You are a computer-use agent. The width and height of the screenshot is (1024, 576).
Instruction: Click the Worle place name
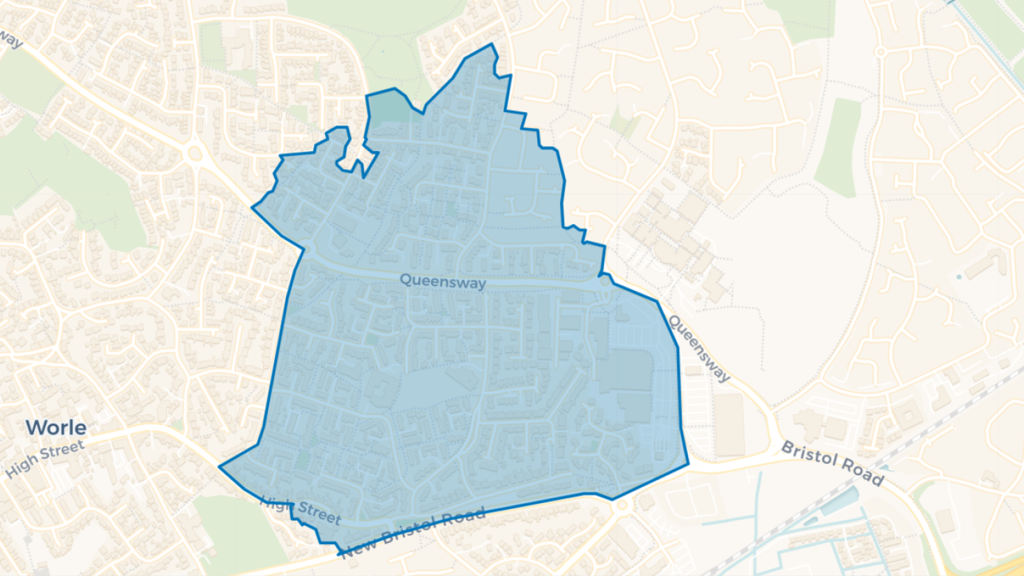[56, 427]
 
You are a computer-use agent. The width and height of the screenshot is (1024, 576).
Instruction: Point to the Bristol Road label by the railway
[833, 463]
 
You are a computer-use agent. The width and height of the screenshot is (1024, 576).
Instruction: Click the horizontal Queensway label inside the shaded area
[442, 282]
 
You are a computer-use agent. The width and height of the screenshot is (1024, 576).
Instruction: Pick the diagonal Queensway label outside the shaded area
[699, 348]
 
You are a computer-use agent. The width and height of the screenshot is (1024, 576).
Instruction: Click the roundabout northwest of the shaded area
[195, 154]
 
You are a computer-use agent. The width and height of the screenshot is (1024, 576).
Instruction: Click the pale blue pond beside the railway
[840, 501]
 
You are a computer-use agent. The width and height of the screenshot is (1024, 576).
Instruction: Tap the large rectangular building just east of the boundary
[730, 425]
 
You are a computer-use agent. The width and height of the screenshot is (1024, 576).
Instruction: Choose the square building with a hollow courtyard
[907, 415]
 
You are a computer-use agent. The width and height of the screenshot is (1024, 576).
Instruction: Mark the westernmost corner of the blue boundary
[220, 467]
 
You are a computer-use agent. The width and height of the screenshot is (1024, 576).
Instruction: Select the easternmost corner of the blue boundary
[689, 463]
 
